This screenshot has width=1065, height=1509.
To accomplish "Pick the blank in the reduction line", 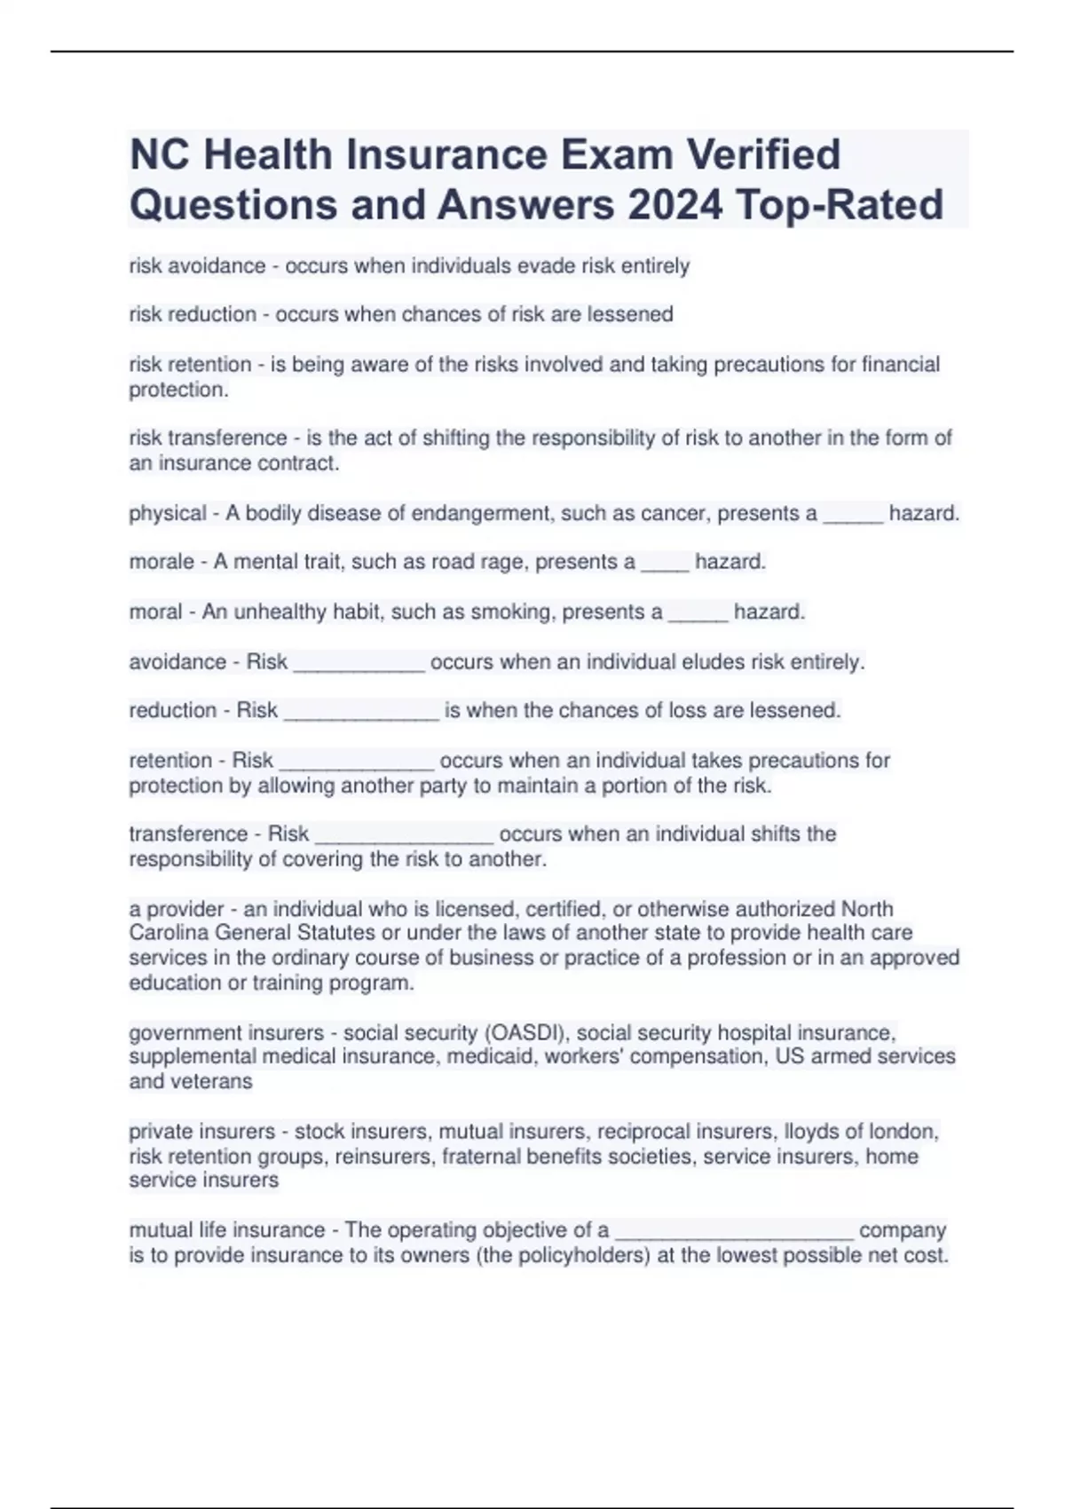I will point(361,711).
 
